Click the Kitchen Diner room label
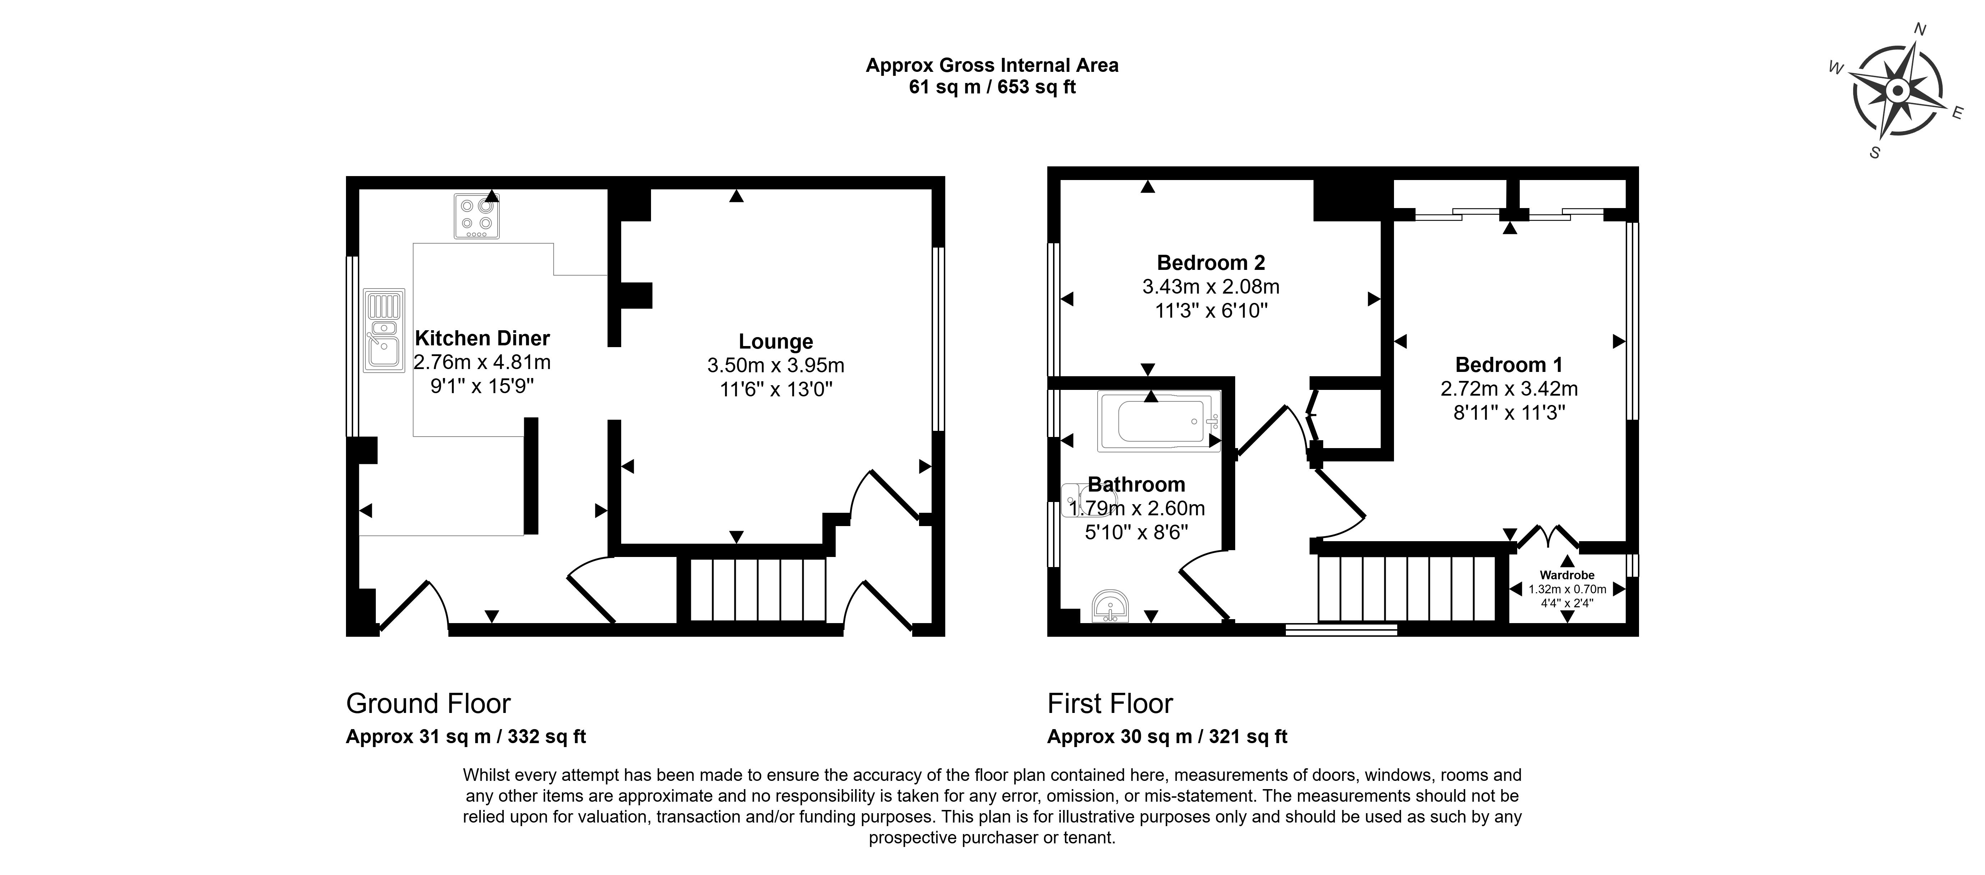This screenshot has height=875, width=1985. [x=483, y=339]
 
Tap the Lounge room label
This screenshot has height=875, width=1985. [x=776, y=341]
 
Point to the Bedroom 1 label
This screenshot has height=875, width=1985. [x=1509, y=365]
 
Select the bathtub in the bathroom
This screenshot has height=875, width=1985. [x=1159, y=421]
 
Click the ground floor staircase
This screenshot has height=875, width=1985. [x=757, y=590]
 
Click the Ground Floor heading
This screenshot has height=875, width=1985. [x=429, y=703]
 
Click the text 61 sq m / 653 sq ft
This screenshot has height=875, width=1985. [x=992, y=87]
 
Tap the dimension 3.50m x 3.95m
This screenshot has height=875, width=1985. [x=776, y=365]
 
